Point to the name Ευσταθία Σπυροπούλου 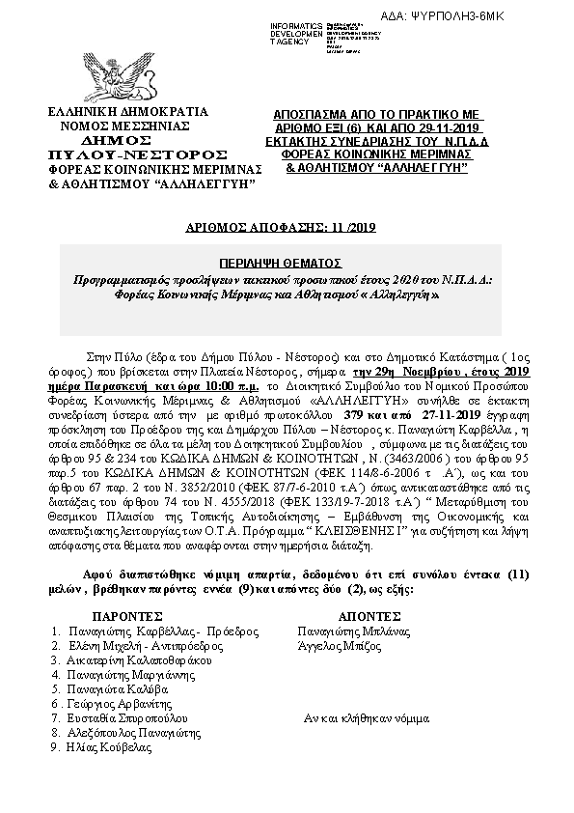point(127,718)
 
